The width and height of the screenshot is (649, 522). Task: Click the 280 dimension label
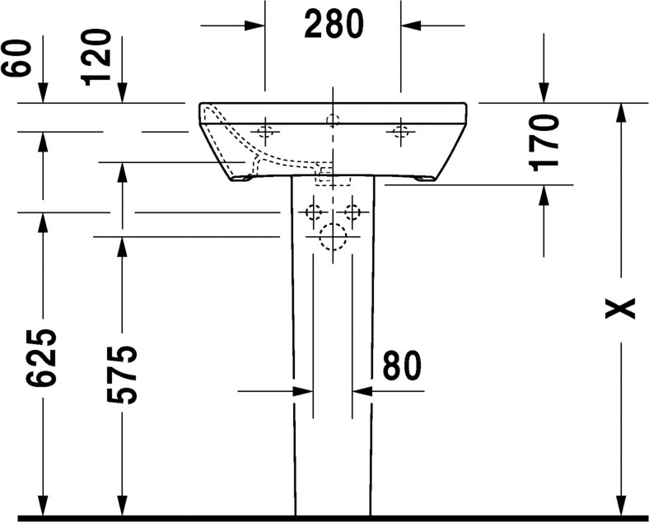334,24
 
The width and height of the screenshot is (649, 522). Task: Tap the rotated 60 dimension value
16,58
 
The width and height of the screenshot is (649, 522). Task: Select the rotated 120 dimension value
97,58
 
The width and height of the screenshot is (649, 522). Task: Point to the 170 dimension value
544,143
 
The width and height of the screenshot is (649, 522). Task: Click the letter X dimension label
619,308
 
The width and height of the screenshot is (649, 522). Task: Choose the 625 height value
41,358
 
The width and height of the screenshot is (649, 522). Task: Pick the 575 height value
122,375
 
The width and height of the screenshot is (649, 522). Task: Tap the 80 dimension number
401,366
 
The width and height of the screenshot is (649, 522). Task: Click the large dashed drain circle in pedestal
334,237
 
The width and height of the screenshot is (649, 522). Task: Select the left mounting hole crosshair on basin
265,132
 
